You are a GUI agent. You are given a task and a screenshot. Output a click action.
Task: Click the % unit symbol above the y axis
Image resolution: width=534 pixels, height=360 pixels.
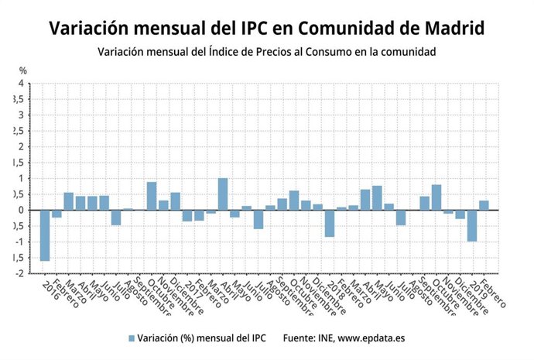[22, 71]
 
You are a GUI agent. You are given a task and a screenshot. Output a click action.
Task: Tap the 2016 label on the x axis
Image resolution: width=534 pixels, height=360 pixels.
[50, 291]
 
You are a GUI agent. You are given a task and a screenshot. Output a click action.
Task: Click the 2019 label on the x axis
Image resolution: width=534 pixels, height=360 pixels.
[477, 291]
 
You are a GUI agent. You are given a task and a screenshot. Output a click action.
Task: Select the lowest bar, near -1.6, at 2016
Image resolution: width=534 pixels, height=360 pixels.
[45, 235]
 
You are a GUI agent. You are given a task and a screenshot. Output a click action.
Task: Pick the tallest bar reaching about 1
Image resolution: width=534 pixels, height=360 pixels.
[223, 194]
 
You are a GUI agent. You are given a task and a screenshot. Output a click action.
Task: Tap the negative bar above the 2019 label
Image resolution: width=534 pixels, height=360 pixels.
[471, 225]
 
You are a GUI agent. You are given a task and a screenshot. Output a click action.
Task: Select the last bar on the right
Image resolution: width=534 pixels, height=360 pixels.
[484, 205]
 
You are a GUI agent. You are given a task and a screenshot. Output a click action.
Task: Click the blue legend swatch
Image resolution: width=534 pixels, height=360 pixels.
[132, 338]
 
